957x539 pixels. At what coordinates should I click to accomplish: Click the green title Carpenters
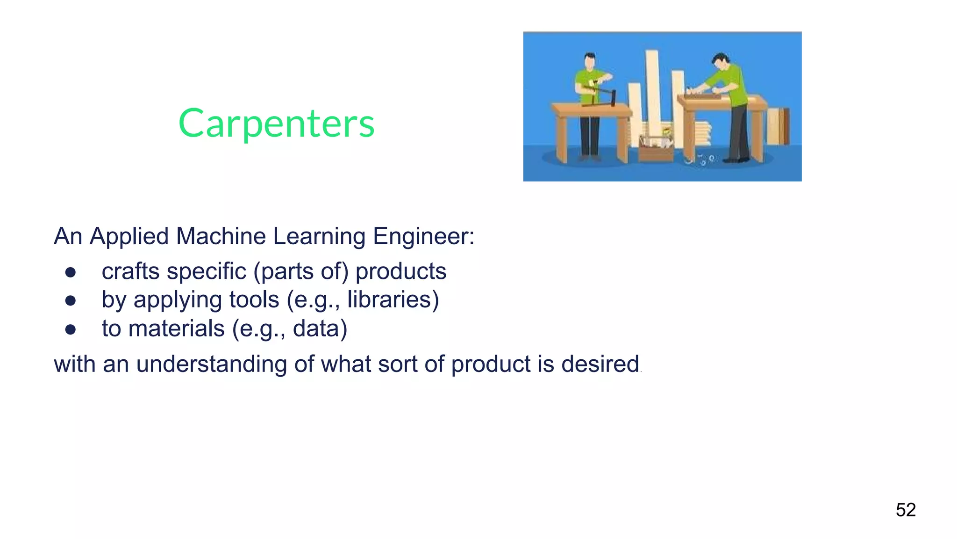click(x=276, y=124)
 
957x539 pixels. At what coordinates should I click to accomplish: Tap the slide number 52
click(x=906, y=510)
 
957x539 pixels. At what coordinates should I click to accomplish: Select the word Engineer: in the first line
click(x=423, y=236)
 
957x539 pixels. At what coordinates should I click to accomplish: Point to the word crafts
click(x=130, y=271)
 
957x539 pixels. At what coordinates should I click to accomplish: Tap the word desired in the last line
click(x=600, y=364)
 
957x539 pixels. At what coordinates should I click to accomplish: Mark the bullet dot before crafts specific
click(x=71, y=273)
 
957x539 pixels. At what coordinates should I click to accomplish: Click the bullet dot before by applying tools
click(x=71, y=301)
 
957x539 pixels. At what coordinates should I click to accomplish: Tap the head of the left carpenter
click(x=590, y=60)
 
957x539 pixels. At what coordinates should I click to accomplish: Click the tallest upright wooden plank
click(x=653, y=89)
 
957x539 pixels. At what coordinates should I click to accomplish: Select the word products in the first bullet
click(x=401, y=271)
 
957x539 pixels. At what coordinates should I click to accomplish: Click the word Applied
click(x=129, y=236)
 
